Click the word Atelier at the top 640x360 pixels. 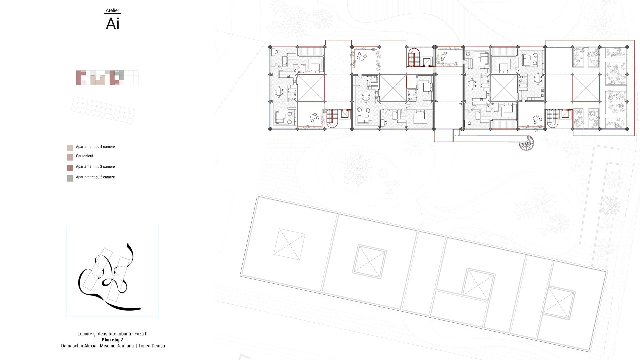click(112, 10)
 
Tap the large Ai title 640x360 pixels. click(113, 24)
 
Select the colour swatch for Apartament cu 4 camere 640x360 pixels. click(70, 148)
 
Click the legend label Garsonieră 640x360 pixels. click(84, 156)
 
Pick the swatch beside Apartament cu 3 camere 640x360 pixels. click(70, 168)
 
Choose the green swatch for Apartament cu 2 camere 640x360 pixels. click(70, 178)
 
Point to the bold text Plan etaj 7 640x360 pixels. click(112, 340)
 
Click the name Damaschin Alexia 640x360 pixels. click(79, 346)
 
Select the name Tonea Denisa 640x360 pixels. click(152, 346)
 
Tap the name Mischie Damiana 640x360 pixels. click(117, 346)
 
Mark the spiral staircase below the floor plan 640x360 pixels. click(526, 143)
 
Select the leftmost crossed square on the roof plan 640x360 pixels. click(289, 244)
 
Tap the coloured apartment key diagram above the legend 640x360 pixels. click(107, 78)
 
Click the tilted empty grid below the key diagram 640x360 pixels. click(103, 110)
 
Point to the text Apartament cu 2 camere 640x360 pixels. click(95, 177)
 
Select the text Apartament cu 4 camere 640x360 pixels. click(95, 147)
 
